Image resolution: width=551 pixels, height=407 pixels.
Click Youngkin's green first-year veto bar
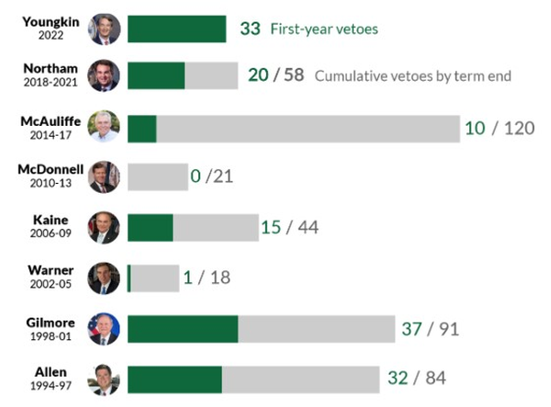pos(176,28)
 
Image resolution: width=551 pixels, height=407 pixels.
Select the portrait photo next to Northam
pos(104,75)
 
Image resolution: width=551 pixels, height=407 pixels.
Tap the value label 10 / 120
pos(499,128)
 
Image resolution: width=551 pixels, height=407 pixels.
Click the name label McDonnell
pos(51,169)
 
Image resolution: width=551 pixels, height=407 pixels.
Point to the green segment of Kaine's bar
pos(150,227)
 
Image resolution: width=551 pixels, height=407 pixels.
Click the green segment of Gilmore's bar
pos(183,328)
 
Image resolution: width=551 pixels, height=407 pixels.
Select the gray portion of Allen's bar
pos(300,379)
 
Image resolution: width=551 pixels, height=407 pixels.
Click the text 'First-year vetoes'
pos(323,28)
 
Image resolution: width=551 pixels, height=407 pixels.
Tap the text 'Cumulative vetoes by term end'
pos(412,76)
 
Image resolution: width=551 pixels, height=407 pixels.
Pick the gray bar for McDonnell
pos(157,176)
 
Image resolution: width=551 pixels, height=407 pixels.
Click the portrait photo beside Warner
pos(104,277)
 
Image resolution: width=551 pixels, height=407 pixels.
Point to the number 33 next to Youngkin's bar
pos(250,28)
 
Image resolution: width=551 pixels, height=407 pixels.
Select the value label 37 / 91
pos(430,328)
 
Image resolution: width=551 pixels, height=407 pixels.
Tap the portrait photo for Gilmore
pos(104,328)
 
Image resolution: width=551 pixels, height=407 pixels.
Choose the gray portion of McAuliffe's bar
pos(308,128)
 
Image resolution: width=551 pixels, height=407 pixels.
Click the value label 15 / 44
pos(289,227)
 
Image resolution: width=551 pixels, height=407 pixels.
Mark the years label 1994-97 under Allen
pos(51,386)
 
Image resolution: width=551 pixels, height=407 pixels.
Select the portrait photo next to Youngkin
pos(104,28)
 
